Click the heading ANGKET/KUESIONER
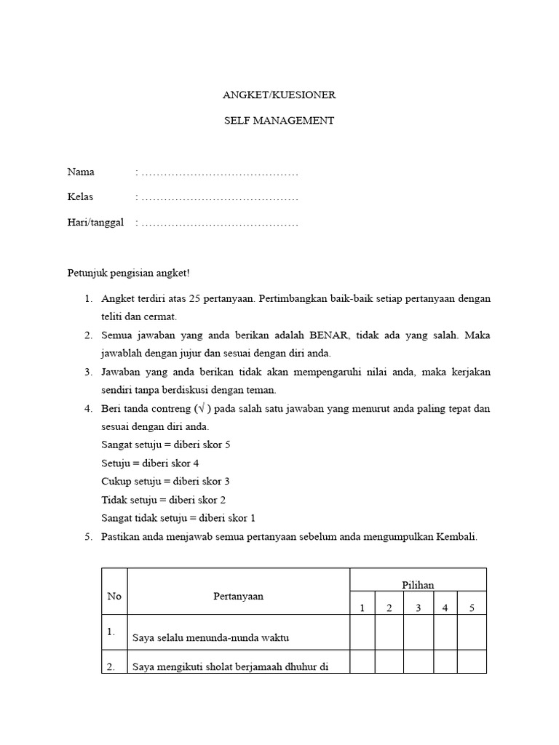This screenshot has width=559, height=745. pos(279,95)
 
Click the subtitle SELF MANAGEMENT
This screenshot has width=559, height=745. pos(279,121)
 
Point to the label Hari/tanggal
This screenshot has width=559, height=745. pos(96,223)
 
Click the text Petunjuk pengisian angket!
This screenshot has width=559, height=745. pos(128,273)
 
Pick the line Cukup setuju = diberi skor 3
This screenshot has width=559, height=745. pos(165,482)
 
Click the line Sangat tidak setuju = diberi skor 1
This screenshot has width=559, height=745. pos(178,518)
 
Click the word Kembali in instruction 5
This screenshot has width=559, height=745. pos(456,537)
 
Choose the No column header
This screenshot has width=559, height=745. pos(114,597)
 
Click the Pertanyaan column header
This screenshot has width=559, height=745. pos(239,597)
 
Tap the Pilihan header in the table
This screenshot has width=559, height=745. pos(418,585)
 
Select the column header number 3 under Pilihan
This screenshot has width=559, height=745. pos(418,608)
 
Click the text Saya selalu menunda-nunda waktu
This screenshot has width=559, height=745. pos(211,638)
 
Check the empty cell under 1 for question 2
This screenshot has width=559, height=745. pos(362,661)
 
